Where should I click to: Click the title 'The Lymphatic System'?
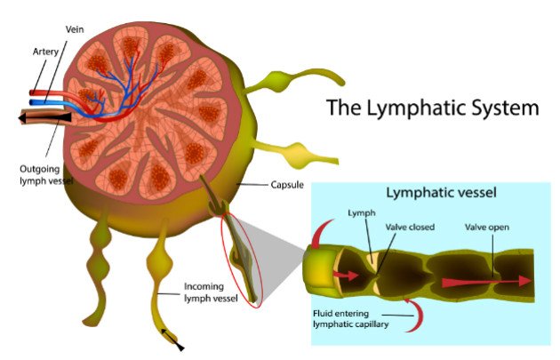click(x=432, y=108)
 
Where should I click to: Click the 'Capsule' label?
click(x=289, y=186)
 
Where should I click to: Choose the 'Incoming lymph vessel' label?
click(x=211, y=292)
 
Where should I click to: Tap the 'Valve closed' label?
click(x=410, y=228)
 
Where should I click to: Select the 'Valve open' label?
click(x=487, y=228)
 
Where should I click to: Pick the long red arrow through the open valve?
click(x=489, y=282)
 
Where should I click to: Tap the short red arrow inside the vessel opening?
click(x=347, y=276)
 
